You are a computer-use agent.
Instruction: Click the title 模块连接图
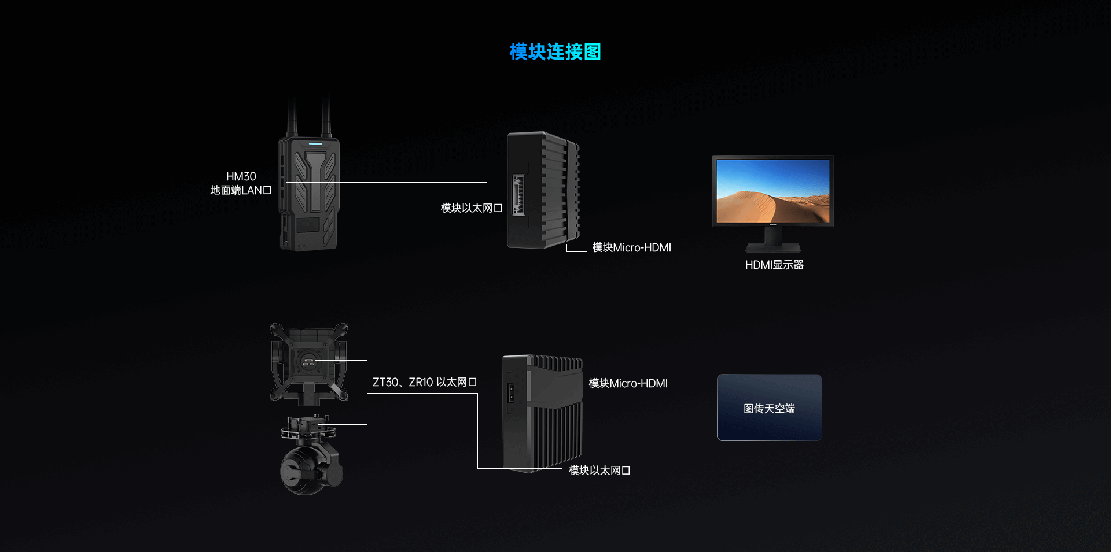tap(555, 52)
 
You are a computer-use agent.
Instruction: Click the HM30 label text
tap(241, 176)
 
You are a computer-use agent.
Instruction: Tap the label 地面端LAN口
tap(241, 190)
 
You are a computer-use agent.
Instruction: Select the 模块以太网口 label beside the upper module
tap(471, 208)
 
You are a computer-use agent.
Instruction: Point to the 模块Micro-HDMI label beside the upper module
tap(631, 247)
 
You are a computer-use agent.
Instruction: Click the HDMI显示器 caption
tap(774, 265)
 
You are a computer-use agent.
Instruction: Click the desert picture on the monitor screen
tap(772, 191)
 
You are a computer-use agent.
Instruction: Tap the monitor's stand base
tap(773, 248)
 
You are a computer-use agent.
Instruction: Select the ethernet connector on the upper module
tap(518, 195)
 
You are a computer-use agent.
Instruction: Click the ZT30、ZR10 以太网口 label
tap(424, 382)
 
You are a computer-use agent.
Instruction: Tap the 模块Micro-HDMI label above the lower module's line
tap(628, 383)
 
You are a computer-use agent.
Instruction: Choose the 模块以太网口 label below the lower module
tap(599, 471)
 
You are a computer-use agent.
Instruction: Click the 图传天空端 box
tap(769, 407)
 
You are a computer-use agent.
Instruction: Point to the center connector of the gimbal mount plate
tap(308, 363)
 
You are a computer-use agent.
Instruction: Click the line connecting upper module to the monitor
tap(645, 190)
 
